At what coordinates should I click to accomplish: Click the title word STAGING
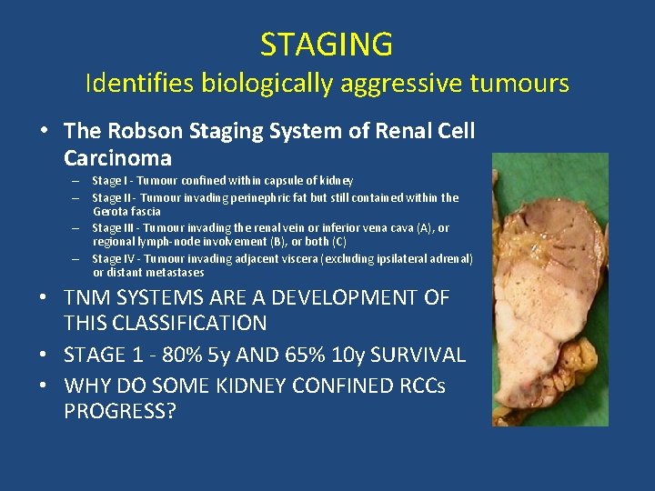click(x=327, y=45)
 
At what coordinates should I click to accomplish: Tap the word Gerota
click(x=111, y=211)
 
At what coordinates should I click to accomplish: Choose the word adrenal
click(x=452, y=259)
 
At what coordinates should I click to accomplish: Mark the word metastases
click(x=175, y=273)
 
